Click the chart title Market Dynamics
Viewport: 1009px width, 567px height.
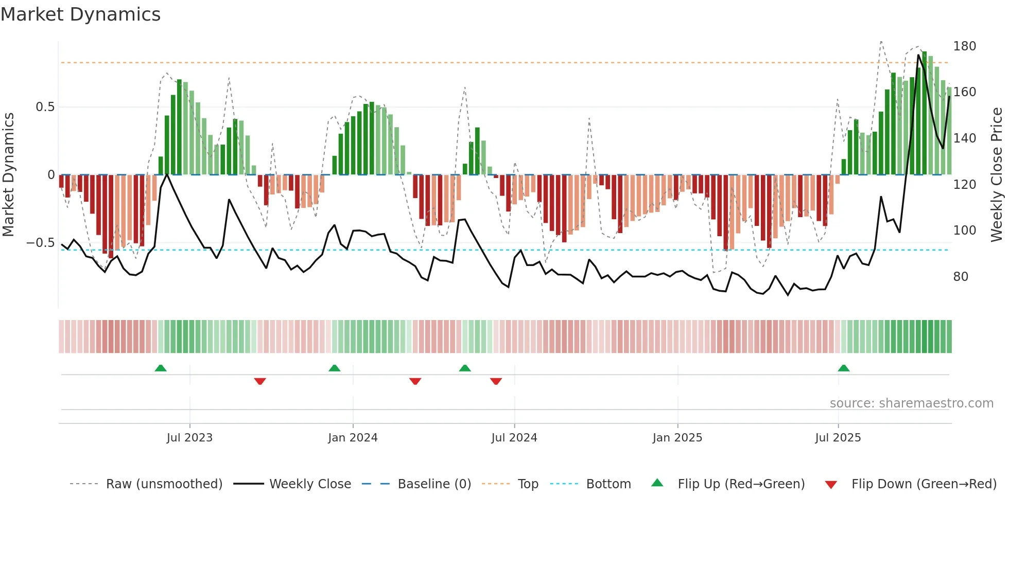pos(81,14)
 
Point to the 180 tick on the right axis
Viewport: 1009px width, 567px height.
pos(964,46)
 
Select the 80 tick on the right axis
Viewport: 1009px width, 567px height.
pos(961,277)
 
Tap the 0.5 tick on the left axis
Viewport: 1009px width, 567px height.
pos(45,107)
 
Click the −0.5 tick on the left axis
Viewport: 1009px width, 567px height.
pos(40,243)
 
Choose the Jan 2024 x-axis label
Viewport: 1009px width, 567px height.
pos(353,438)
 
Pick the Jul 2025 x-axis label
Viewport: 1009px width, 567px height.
pos(838,438)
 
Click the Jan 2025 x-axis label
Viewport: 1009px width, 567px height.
pos(677,438)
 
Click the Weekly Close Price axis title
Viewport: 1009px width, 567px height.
pos(997,174)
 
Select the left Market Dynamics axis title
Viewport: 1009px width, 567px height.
pos(9,174)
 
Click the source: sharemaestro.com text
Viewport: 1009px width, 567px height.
pos(911,403)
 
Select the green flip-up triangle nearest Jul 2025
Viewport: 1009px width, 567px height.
pos(843,368)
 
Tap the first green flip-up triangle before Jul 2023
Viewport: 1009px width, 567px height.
pos(161,368)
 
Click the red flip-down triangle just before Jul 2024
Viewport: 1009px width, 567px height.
pos(496,381)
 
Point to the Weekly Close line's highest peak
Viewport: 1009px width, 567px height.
pos(918,55)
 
